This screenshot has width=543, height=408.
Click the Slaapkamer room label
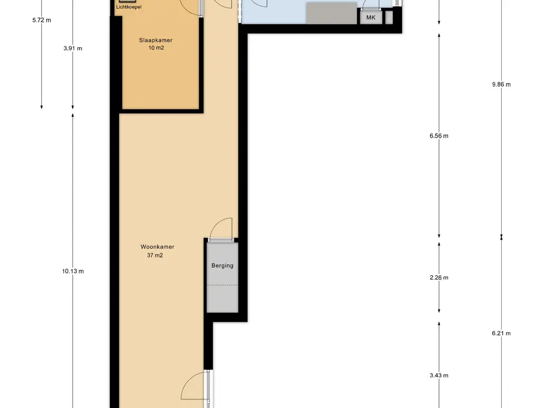click(x=155, y=40)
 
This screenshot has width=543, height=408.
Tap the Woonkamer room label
click(x=157, y=247)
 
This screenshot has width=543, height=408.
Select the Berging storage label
click(x=222, y=266)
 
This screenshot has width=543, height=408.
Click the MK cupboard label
click(x=371, y=18)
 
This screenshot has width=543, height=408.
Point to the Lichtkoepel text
click(x=129, y=7)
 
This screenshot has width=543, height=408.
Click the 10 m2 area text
click(x=156, y=48)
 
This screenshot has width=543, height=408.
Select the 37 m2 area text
click(x=155, y=256)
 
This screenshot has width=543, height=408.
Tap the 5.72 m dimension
click(x=41, y=20)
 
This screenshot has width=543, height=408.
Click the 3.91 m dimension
click(x=73, y=48)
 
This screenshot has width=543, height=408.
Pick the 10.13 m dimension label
click(x=73, y=271)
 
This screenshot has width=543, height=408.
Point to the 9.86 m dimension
click(x=501, y=84)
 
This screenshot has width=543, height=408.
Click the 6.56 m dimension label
click(x=439, y=136)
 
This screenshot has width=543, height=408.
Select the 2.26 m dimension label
click(x=439, y=277)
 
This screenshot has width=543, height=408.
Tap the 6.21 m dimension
click(x=501, y=334)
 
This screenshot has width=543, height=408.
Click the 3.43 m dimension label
click(x=439, y=376)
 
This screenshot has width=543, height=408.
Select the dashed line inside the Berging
click(x=222, y=285)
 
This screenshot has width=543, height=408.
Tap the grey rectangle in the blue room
click(x=331, y=13)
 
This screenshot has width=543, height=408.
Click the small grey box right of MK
click(x=389, y=18)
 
